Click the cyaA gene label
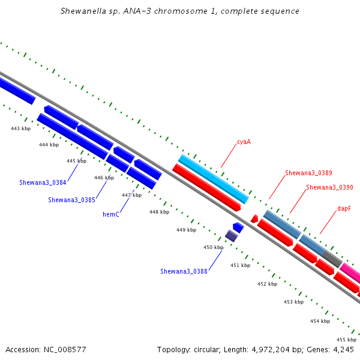point(244,142)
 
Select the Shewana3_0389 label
point(308,173)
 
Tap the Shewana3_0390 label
point(329,187)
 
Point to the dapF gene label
point(344,208)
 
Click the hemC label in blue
point(111,214)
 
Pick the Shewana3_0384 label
point(43,182)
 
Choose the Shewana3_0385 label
point(71,200)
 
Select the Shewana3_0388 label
point(184,271)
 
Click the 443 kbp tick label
point(20,128)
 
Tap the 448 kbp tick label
point(160,212)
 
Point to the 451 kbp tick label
point(240,265)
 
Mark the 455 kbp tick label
point(346,340)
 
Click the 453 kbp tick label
point(293,302)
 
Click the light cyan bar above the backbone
point(213,179)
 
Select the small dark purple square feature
point(231,236)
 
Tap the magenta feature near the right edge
point(350,273)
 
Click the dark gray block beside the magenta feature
point(332,259)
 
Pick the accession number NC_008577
point(65,350)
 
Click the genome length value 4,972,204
point(271,350)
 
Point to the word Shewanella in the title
point(83,11)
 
